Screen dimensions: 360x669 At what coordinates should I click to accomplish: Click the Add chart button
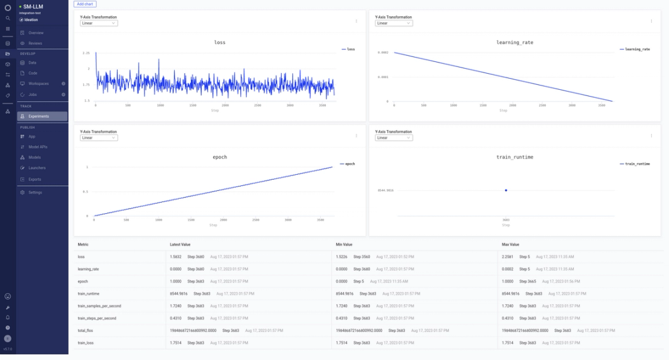tap(85, 4)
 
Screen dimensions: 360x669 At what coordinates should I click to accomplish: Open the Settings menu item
tap(35, 192)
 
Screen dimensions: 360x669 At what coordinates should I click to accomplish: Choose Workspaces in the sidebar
tap(38, 83)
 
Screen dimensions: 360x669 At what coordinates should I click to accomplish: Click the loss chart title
tap(219, 43)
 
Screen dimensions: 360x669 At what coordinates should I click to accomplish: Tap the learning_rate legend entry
tap(636, 49)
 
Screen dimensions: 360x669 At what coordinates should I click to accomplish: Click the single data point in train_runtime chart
tap(505, 190)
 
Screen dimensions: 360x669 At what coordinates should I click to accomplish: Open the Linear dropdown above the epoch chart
tap(98, 138)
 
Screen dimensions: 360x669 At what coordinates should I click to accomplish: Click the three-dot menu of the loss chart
tap(356, 21)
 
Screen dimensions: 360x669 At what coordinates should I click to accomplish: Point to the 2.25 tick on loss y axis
tap(86, 53)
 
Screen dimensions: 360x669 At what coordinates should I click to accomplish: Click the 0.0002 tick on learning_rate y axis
tap(383, 53)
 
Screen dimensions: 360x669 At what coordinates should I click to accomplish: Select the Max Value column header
tap(510, 245)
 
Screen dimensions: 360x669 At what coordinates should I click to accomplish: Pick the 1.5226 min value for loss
tap(341, 257)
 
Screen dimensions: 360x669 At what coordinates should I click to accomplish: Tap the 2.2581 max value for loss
tap(507, 257)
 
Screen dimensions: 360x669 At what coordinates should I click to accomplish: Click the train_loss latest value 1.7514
tap(176, 343)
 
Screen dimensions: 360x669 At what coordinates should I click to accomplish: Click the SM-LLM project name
tap(33, 6)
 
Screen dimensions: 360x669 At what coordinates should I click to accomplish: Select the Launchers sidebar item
tap(37, 168)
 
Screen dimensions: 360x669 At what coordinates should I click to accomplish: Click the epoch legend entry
tap(348, 164)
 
